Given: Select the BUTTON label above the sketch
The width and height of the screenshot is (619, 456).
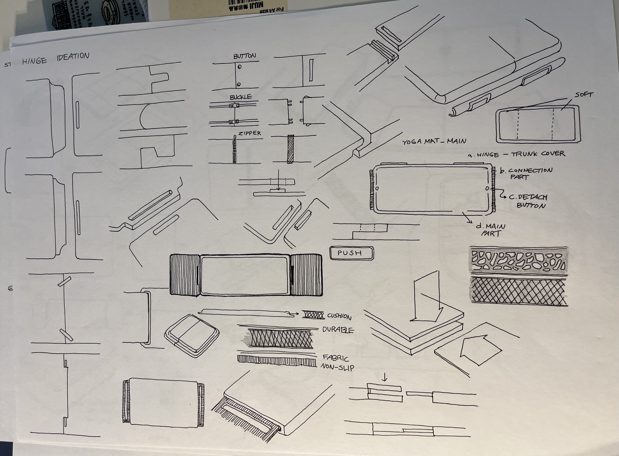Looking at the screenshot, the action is (245, 56).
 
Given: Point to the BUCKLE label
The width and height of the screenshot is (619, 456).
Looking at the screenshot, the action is (241, 97).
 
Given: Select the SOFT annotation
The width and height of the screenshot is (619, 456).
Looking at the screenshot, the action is (584, 95).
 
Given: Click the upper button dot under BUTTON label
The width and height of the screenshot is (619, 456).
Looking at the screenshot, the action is (239, 67).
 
